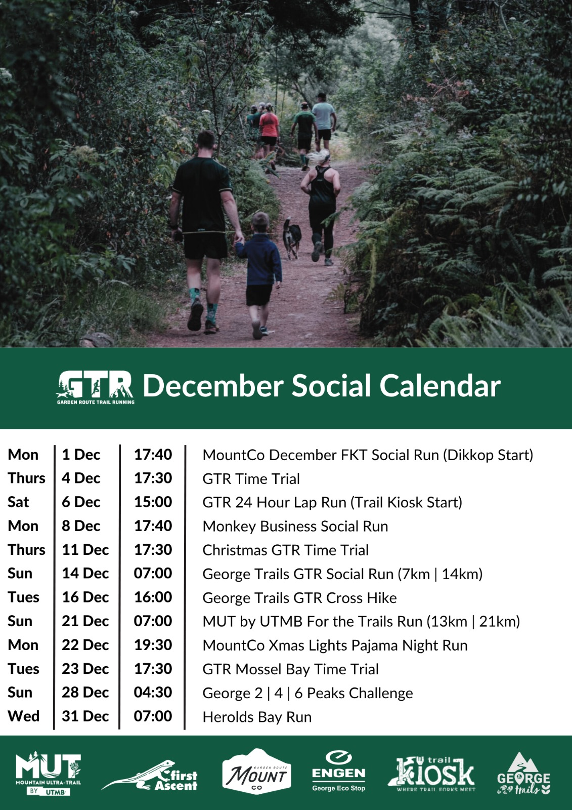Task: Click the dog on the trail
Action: pyautogui.click(x=292, y=238)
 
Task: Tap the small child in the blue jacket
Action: pyautogui.click(x=260, y=275)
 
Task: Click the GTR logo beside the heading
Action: pyautogui.click(x=96, y=387)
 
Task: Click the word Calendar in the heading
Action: pyautogui.click(x=440, y=386)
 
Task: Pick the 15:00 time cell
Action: pyautogui.click(x=153, y=502)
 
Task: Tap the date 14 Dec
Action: pyautogui.click(x=85, y=574)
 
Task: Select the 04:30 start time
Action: pyautogui.click(x=153, y=693)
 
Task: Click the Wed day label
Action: pyautogui.click(x=23, y=716)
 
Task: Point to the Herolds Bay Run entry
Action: pyautogui.click(x=257, y=717)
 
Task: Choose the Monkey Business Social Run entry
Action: pyautogui.click(x=295, y=526)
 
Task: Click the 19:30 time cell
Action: pyautogui.click(x=153, y=645)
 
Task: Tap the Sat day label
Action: pyautogui.click(x=18, y=502)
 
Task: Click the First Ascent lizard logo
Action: pyautogui.click(x=150, y=776)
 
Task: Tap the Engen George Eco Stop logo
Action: pyautogui.click(x=338, y=771)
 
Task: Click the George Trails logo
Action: pyautogui.click(x=523, y=774)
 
